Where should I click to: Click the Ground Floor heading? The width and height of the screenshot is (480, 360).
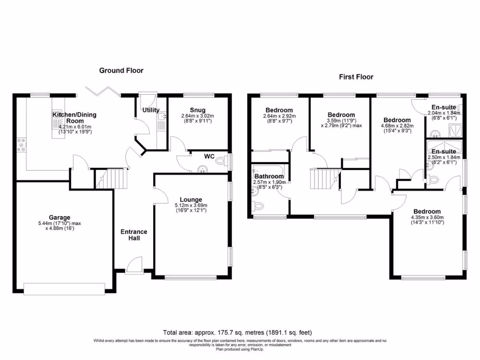click(x=121, y=70)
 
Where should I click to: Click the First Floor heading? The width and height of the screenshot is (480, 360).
click(x=356, y=77)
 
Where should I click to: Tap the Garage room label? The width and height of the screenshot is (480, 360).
click(x=60, y=217)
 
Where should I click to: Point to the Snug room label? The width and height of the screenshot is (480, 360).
click(x=197, y=110)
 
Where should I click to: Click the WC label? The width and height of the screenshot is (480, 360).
click(x=209, y=156)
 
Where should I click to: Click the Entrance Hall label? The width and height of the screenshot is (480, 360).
click(x=134, y=235)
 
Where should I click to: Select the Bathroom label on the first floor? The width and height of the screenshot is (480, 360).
click(x=269, y=176)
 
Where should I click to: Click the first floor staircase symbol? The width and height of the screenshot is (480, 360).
click(x=324, y=178)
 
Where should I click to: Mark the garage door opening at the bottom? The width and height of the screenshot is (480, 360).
click(x=65, y=289)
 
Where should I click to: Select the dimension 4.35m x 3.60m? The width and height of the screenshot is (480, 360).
click(x=426, y=217)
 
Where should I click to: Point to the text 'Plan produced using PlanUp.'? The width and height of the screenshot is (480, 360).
click(x=240, y=349)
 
